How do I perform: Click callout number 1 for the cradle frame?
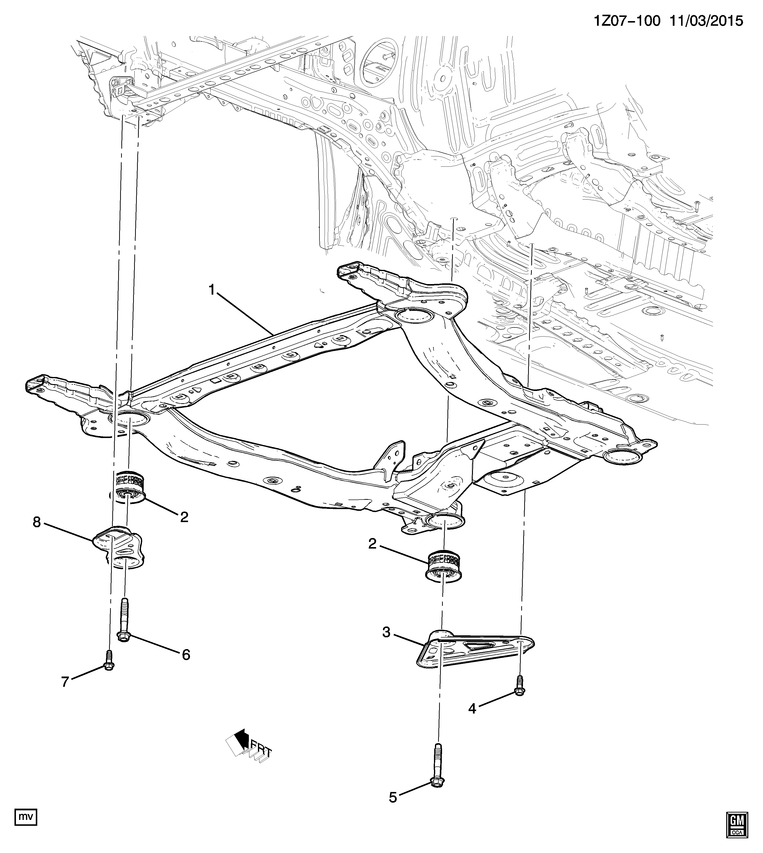tap(212, 290)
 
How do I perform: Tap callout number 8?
tap(37, 522)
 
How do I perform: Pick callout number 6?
tap(186, 654)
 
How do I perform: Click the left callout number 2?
tap(184, 517)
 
